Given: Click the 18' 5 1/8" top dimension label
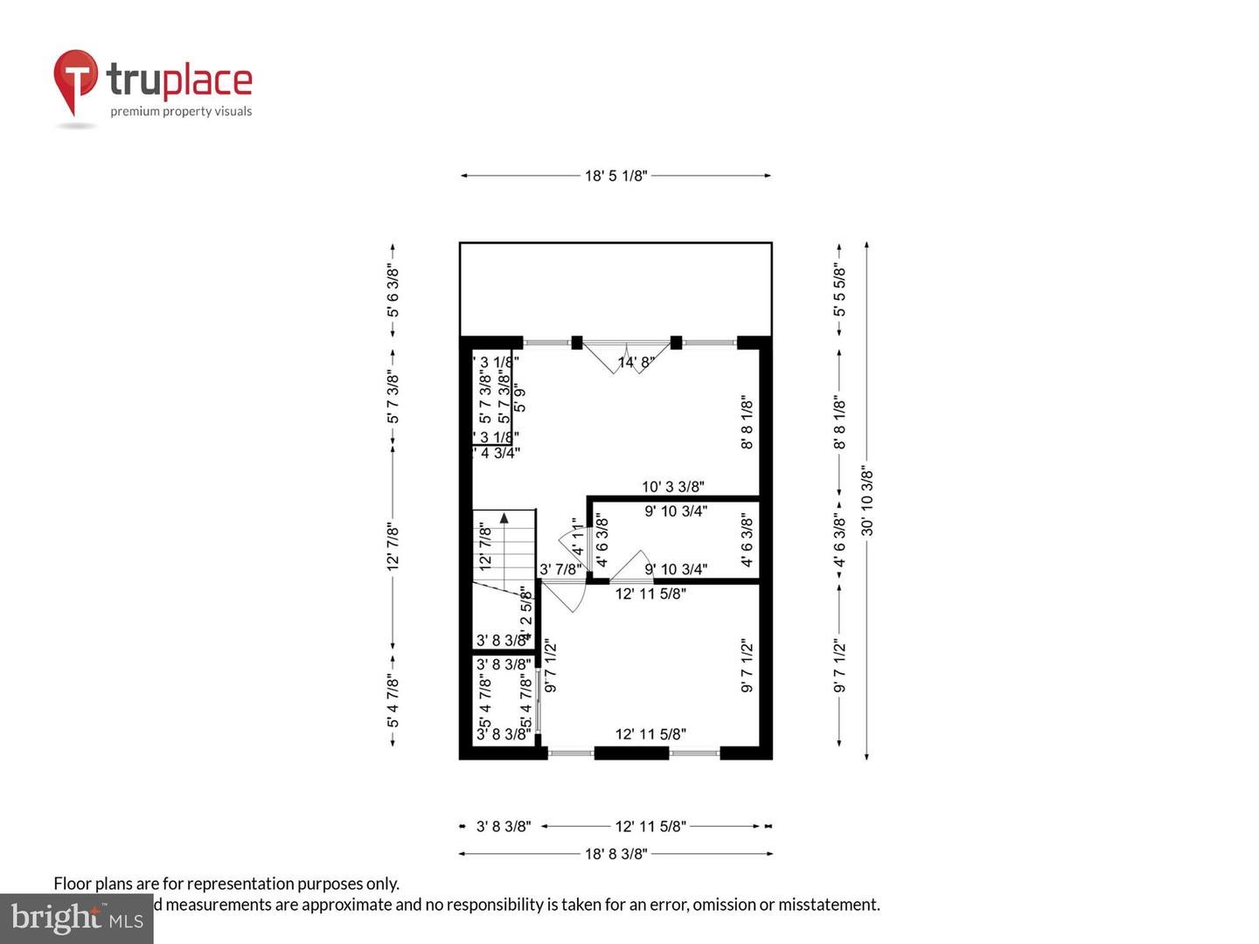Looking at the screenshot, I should (x=616, y=176).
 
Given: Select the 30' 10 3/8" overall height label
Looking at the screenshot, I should (x=867, y=501).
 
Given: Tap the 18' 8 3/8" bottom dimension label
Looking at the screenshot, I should (x=616, y=854).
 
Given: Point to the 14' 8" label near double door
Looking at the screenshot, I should (x=636, y=362).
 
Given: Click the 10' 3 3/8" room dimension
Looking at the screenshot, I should (x=672, y=487).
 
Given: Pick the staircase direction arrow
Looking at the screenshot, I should (x=504, y=517).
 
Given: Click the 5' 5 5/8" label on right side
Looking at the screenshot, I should (x=839, y=290).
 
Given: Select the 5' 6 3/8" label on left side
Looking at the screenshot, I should (x=393, y=291).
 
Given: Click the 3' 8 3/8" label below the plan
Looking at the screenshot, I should (x=503, y=826).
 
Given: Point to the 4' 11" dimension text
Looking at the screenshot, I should (x=578, y=538).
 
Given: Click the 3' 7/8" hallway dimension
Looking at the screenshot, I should (x=560, y=570).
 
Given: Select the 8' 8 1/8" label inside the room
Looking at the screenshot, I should (x=748, y=423).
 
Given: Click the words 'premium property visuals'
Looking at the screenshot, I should (x=181, y=111).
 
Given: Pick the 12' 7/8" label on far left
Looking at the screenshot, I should (x=393, y=547).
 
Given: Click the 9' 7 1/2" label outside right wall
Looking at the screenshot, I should (x=839, y=666).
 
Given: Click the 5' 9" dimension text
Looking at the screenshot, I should (x=520, y=398).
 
